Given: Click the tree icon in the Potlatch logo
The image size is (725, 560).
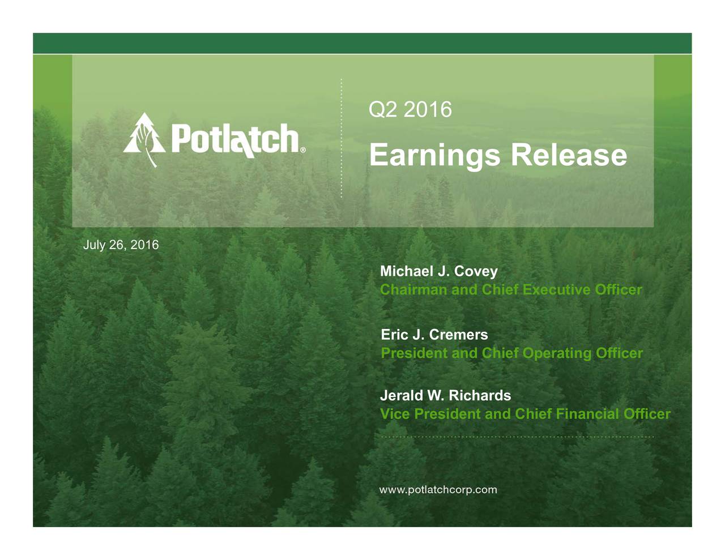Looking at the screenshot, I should [x=144, y=139].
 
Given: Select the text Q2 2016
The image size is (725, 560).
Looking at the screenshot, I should [x=410, y=109].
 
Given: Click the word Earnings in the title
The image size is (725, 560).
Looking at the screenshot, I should [x=434, y=155].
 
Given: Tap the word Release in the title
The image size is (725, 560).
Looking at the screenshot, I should [x=569, y=155].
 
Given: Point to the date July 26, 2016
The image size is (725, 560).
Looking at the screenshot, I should [x=121, y=245].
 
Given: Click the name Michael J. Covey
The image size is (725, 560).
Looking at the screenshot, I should [x=438, y=271].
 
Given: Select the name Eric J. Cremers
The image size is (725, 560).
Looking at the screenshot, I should [x=434, y=335].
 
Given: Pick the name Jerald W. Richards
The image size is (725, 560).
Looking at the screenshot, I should [x=445, y=395].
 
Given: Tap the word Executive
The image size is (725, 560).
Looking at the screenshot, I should [x=557, y=290].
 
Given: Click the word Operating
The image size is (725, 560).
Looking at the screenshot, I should [x=557, y=353].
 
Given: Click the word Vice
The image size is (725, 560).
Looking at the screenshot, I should [x=395, y=414].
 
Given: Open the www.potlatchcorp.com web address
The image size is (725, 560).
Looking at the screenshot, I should [x=438, y=490].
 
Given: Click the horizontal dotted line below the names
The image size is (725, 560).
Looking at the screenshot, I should [x=518, y=437].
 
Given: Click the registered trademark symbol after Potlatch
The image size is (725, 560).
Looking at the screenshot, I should [x=302, y=151].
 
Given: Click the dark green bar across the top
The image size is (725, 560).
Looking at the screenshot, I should [x=362, y=43].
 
